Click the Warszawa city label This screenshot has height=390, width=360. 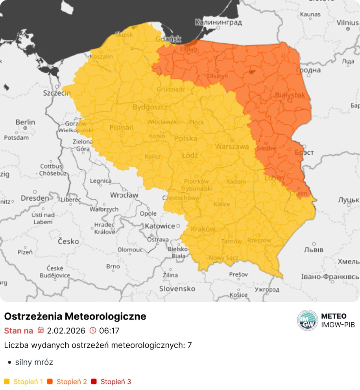pyautogui.click(x=232, y=147)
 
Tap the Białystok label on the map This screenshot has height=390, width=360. pyautogui.click(x=290, y=95)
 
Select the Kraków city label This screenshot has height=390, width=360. pyautogui.click(x=203, y=229)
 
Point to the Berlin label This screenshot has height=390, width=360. pyautogui.click(x=25, y=122)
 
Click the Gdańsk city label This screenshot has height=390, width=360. pyautogui.click(x=168, y=39)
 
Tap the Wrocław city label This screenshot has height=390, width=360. pyautogui.click(x=124, y=195)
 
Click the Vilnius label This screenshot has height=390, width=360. pyautogui.click(x=348, y=22)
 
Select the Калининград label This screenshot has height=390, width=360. pyautogui.click(x=218, y=22)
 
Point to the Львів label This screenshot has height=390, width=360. pyautogui.click(x=314, y=250)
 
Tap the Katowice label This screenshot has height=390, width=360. pyautogui.click(x=160, y=226)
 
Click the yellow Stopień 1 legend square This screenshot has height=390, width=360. pyautogui.click(x=7, y=381)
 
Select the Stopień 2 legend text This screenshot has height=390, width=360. pyautogui.click(x=72, y=381)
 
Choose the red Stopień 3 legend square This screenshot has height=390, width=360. pyautogui.click(x=94, y=381)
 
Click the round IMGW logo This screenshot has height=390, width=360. pyautogui.click(x=307, y=320)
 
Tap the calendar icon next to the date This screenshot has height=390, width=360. pyautogui.click(x=40, y=330)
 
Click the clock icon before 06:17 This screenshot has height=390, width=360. pyautogui.click(x=93, y=330)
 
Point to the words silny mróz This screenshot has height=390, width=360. pyautogui.click(x=34, y=362)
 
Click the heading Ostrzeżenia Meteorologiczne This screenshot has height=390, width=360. pyautogui.click(x=75, y=316)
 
